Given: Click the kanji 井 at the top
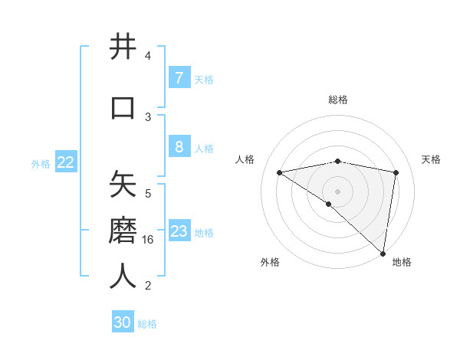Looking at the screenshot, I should pyautogui.click(x=123, y=47).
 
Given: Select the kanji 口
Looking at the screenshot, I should pyautogui.click(x=123, y=106).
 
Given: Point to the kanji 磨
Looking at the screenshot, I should pyautogui.click(x=123, y=231).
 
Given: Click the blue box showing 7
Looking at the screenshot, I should pyautogui.click(x=179, y=77).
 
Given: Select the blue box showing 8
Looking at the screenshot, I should pyautogui.click(x=179, y=147).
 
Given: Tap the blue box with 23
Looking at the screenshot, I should pyautogui.click(x=179, y=231).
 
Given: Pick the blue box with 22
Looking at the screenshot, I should pyautogui.click(x=66, y=162).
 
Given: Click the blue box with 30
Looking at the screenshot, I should pyautogui.click(x=123, y=322).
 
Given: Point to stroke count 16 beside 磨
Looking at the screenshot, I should pyautogui.click(x=149, y=240).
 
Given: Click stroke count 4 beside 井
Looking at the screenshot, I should pyautogui.click(x=148, y=56).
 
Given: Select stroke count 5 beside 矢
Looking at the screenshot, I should pyautogui.click(x=148, y=194).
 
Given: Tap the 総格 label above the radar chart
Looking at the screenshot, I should pyautogui.click(x=338, y=100).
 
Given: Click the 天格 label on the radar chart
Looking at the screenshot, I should pyautogui.click(x=432, y=159).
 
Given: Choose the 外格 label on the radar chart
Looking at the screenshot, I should pyautogui.click(x=270, y=262).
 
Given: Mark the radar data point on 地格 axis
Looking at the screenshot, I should pyautogui.click(x=383, y=253).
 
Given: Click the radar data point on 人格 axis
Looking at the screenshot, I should pyautogui.click(x=280, y=172).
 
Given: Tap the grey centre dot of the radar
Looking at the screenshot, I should pyautogui.click(x=338, y=191).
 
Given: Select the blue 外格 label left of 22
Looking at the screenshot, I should pyautogui.click(x=41, y=163).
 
